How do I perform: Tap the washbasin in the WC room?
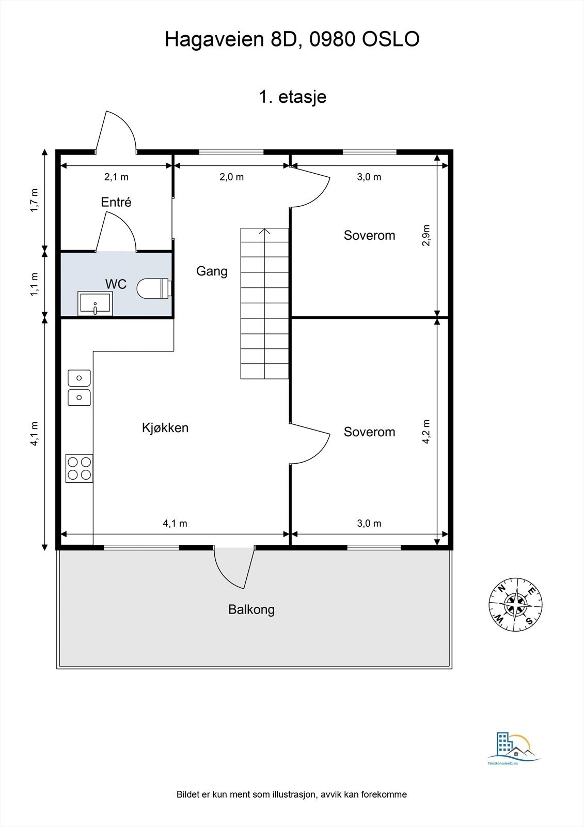(x=95, y=303)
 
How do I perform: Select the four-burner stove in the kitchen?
(x=80, y=468)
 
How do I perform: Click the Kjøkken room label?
(x=165, y=428)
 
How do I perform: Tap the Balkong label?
(x=251, y=609)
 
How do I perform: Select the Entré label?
(x=116, y=202)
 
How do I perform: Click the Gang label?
(x=212, y=271)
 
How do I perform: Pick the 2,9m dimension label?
(x=426, y=235)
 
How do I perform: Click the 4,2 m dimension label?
(x=426, y=432)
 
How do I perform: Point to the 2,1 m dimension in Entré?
(x=116, y=177)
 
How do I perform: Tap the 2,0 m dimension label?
(x=232, y=177)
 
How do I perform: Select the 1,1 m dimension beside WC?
(x=34, y=284)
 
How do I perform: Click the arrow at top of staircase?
(x=264, y=232)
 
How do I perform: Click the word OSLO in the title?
(x=391, y=39)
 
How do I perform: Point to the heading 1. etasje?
(x=293, y=97)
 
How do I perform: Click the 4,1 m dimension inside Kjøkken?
(x=175, y=523)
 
